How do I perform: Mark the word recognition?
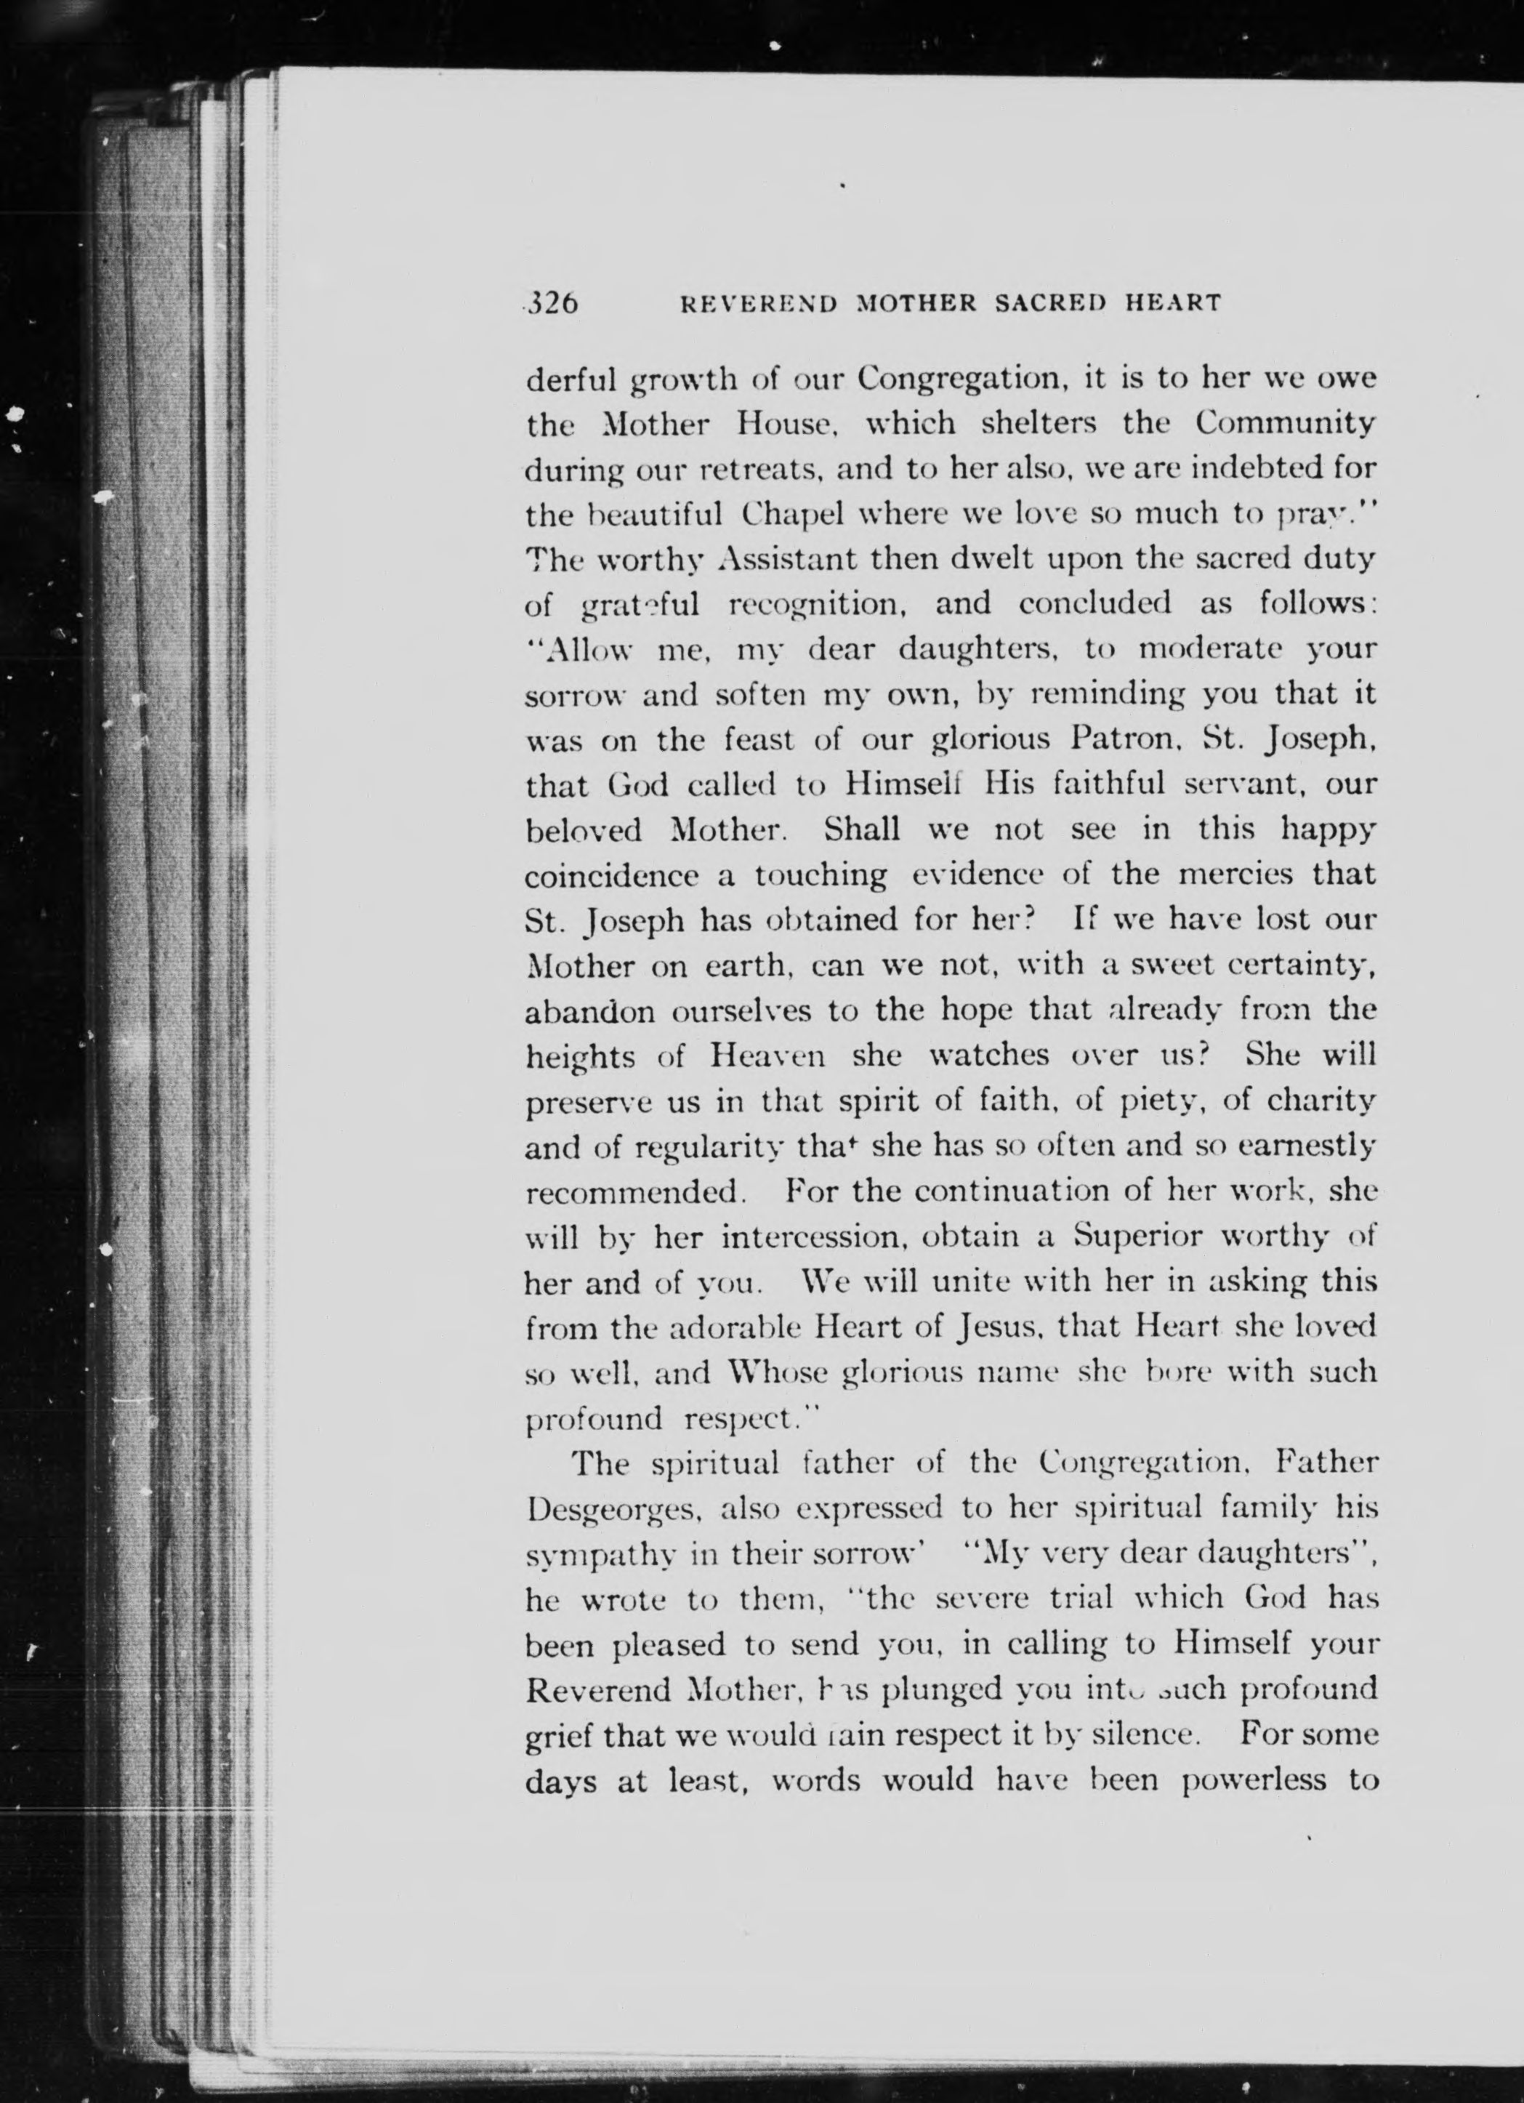point(815,605)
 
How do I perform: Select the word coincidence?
point(612,875)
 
